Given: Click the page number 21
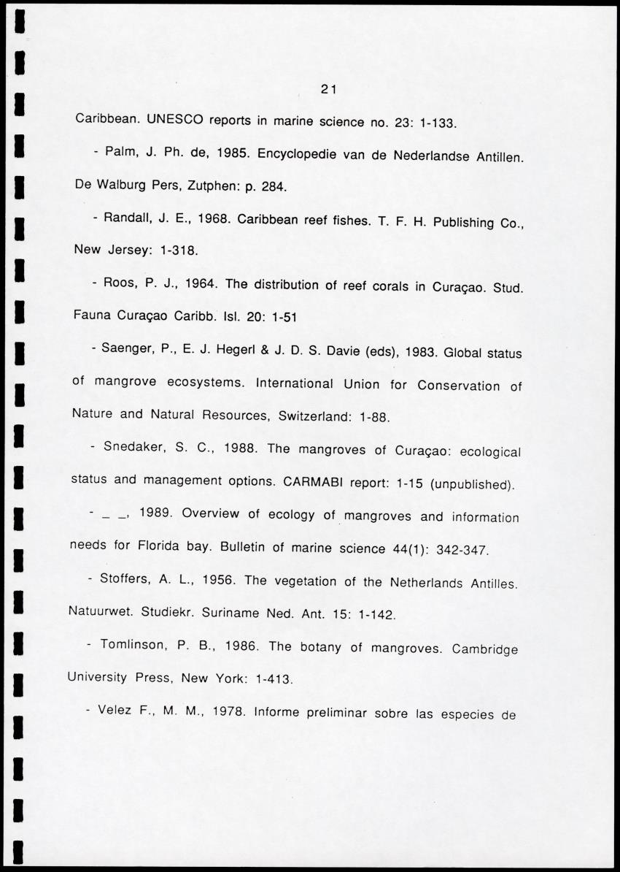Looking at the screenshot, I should pos(328,90).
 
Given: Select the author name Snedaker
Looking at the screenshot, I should pos(136,447).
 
